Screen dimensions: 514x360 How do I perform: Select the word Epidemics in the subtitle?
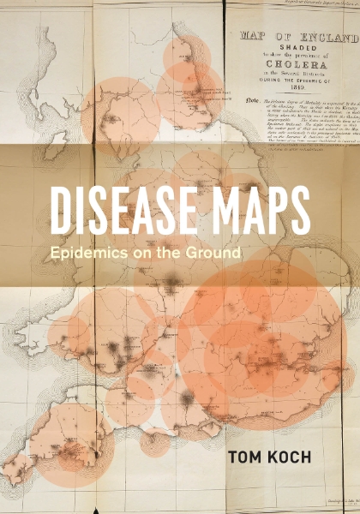(86, 254)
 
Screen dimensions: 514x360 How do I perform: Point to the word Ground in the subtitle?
(213, 254)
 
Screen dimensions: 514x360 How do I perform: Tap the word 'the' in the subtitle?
(163, 254)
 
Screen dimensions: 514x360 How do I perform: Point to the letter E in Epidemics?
(56, 254)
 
